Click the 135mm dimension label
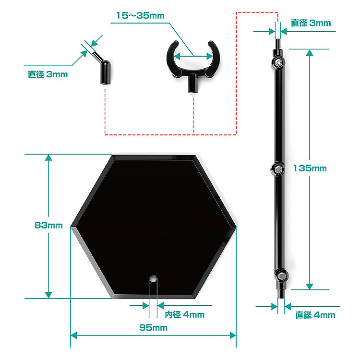[310, 168]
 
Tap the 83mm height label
[48, 225]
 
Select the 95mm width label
[153, 328]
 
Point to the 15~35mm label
[140, 15]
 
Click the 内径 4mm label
[184, 314]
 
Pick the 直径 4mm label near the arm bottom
[315, 315]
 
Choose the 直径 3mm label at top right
[311, 23]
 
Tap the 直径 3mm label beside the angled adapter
[48, 74]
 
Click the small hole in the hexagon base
[153, 277]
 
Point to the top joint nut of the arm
[278, 63]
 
